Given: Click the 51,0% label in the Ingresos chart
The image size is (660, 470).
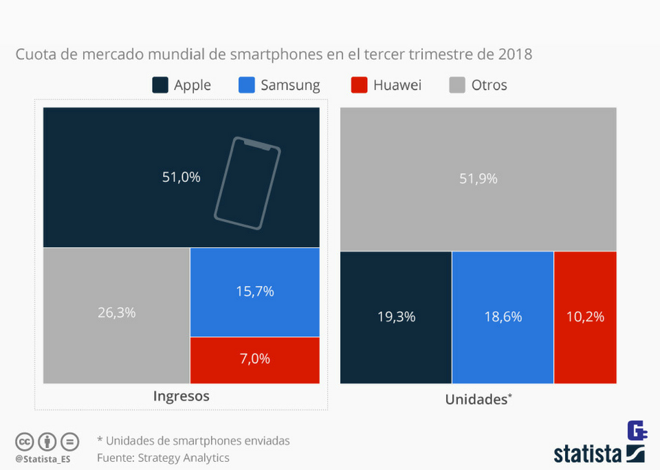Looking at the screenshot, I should pyautogui.click(x=181, y=177).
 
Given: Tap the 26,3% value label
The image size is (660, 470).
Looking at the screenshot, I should pyautogui.click(x=116, y=313).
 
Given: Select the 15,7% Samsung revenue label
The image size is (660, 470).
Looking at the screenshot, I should pyautogui.click(x=254, y=291).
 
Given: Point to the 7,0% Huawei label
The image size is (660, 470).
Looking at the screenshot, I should pyautogui.click(x=254, y=359).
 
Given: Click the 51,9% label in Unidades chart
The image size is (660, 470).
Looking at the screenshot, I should pyautogui.click(x=478, y=179).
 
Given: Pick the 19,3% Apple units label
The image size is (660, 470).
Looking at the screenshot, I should pyautogui.click(x=396, y=317).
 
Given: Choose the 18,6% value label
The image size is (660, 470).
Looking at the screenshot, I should pyautogui.click(x=503, y=317).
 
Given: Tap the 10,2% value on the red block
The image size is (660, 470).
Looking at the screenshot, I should pyautogui.click(x=585, y=317).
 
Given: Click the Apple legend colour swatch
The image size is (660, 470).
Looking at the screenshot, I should pyautogui.click(x=160, y=85).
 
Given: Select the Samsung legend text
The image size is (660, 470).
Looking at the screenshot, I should pyautogui.click(x=290, y=85).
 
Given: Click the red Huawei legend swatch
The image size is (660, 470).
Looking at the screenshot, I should pyautogui.click(x=358, y=85).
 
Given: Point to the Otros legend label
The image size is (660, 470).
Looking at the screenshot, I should pyautogui.click(x=489, y=85).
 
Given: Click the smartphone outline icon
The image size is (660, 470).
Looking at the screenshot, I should pyautogui.click(x=247, y=183).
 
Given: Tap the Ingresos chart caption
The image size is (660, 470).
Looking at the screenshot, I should pyautogui.click(x=181, y=396).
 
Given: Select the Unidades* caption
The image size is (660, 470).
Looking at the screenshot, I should pyautogui.click(x=478, y=399).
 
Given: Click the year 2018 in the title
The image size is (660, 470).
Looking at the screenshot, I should pyautogui.click(x=514, y=54).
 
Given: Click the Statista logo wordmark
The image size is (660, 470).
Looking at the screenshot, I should pyautogui.click(x=588, y=454).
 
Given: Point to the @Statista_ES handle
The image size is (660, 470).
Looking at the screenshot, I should pyautogui.click(x=43, y=458).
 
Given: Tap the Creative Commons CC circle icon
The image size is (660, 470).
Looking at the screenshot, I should pyautogui.click(x=25, y=441).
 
